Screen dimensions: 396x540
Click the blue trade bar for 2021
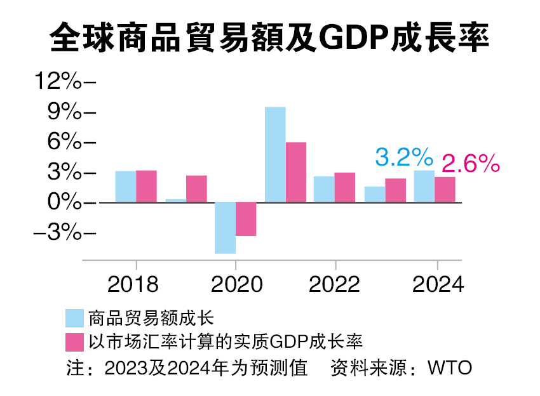tap(275, 155)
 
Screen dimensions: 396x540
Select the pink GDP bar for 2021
tap(295, 172)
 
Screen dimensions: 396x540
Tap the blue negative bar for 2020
tap(225, 228)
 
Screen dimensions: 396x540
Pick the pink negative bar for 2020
tap(246, 219)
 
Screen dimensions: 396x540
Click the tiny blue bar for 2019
tap(176, 201)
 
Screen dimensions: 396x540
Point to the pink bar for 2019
tap(196, 188)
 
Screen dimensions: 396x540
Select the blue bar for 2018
tap(125, 187)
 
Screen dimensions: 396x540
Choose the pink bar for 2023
tap(395, 190)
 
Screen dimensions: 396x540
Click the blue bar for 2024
tap(424, 186)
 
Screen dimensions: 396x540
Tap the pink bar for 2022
tap(345, 187)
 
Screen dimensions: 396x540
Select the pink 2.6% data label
tap(470, 164)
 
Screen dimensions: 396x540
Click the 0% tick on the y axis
tap(65, 203)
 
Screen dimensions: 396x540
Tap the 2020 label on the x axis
tap(236, 284)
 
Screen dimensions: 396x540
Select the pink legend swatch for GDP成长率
tap(75, 342)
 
